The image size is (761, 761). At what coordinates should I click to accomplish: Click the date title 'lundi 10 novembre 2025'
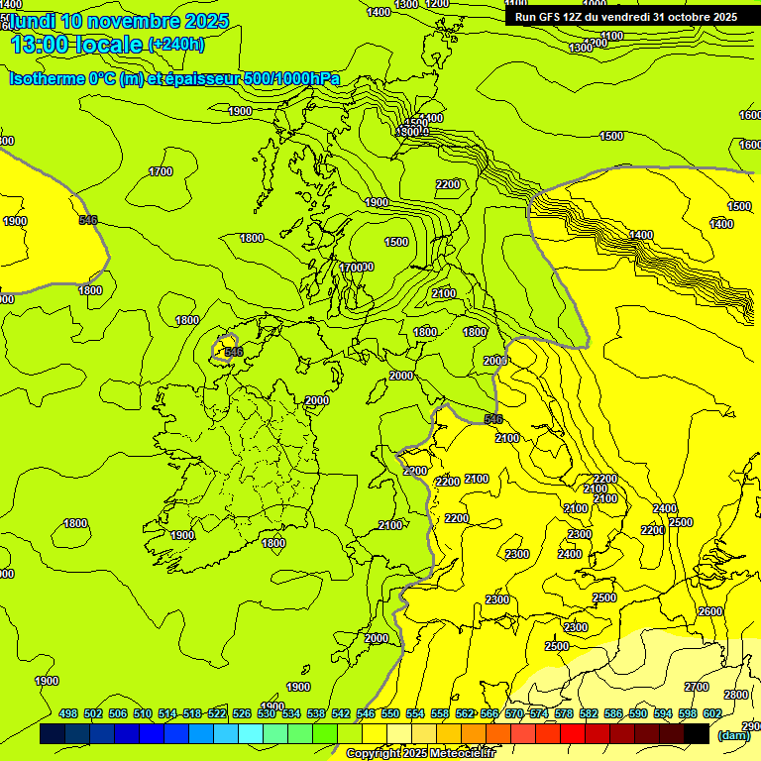119,21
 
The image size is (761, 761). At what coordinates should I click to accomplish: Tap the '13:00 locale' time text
76,44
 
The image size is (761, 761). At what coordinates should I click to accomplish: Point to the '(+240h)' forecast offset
176,45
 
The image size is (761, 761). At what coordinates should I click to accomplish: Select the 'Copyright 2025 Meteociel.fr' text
434,754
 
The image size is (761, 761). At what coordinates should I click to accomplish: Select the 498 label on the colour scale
68,714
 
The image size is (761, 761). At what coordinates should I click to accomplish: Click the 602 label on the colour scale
712,714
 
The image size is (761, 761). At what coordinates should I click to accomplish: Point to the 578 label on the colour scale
564,714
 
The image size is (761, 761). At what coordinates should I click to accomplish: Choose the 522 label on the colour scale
217,714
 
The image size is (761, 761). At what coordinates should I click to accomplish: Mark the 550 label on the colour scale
390,714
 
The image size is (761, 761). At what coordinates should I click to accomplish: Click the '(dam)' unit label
734,735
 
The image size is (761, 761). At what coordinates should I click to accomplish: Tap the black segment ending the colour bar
697,733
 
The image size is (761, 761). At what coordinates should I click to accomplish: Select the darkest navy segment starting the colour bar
53,733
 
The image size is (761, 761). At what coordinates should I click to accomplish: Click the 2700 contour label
697,687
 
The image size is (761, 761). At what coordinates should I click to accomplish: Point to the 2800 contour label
735,695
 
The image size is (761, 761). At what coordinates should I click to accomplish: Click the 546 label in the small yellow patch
233,352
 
